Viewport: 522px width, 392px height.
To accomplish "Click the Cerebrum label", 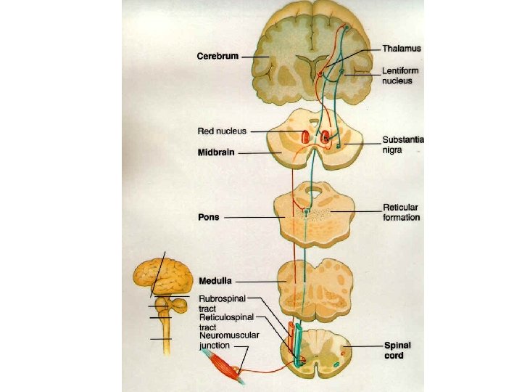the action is click(x=217, y=56).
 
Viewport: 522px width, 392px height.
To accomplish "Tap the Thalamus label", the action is click(x=402, y=48).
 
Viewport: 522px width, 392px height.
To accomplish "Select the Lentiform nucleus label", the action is click(x=400, y=75).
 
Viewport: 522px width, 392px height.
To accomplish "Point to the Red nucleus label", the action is click(x=222, y=131).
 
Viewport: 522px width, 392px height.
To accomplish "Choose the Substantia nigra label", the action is click(x=403, y=144).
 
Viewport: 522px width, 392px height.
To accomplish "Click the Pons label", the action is click(x=209, y=216).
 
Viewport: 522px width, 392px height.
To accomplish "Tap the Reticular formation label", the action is click(x=401, y=212).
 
